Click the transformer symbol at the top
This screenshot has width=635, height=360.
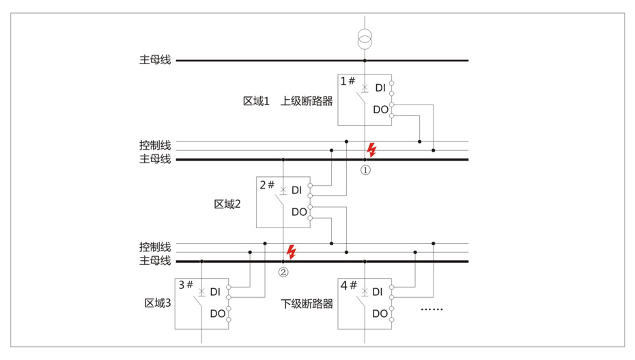[365, 38]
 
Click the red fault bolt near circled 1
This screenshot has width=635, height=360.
[371, 150]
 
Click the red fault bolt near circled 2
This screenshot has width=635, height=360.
[292, 251]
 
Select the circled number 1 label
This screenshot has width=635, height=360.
[365, 170]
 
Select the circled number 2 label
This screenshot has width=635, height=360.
[283, 272]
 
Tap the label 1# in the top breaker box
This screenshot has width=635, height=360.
[348, 81]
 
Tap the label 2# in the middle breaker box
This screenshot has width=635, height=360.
[267, 184]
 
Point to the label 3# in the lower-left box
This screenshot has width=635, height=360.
[186, 285]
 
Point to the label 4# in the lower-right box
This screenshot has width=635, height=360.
[349, 285]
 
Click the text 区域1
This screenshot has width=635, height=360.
[256, 101]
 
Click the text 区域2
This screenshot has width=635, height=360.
[227, 204]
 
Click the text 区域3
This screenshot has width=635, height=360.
[156, 303]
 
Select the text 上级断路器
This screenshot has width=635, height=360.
[307, 101]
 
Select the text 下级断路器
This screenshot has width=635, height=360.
[307, 303]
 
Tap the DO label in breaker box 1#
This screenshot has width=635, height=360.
[380, 109]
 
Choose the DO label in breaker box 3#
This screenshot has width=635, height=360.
[217, 314]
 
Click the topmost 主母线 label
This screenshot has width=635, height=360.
[155, 60]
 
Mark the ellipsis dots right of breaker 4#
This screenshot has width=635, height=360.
[432, 309]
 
